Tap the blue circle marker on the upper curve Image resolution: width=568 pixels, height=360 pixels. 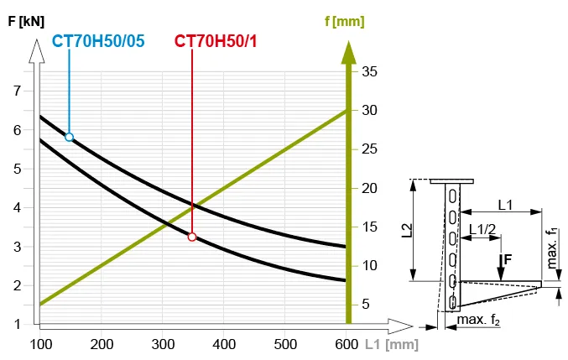coord(69,137)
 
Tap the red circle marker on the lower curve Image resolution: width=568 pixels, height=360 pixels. coord(192,237)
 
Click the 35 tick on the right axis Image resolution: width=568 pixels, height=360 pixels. coord(369,72)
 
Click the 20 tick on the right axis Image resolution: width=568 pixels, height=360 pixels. coord(369,188)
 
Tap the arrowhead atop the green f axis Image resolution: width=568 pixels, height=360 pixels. coord(346,50)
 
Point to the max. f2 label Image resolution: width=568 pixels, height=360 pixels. coord(477,321)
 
